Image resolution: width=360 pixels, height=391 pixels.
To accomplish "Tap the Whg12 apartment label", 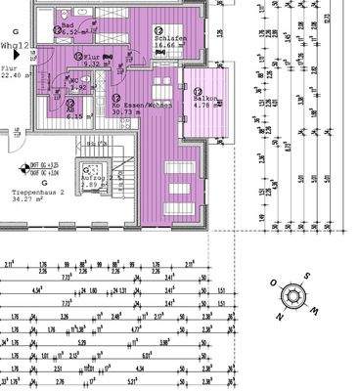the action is (x=15, y=45).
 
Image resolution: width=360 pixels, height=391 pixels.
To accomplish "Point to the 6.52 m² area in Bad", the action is (x=71, y=32).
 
